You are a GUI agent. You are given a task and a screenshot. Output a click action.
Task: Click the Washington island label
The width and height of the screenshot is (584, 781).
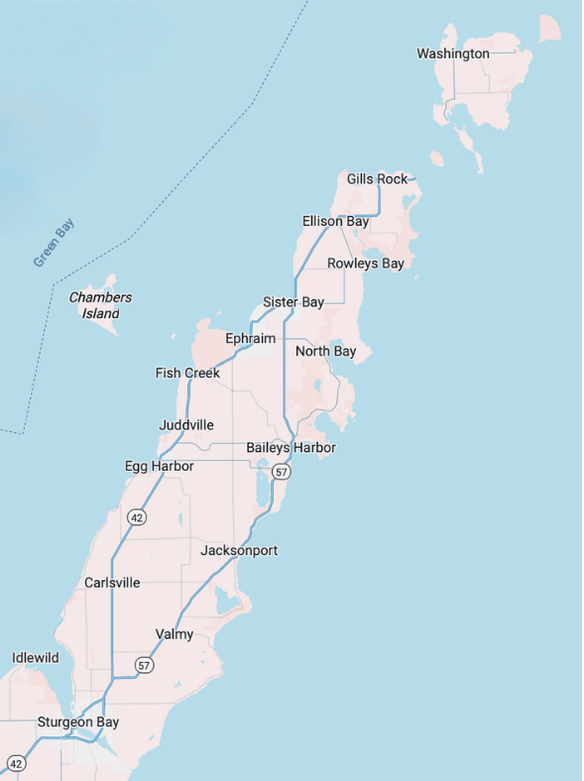tap(452, 54)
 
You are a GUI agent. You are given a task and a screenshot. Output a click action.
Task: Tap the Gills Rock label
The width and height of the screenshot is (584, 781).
tap(377, 179)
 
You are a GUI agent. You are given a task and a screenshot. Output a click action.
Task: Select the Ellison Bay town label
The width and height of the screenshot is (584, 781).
tap(335, 221)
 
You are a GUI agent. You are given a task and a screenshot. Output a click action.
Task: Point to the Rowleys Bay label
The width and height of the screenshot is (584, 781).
tap(366, 264)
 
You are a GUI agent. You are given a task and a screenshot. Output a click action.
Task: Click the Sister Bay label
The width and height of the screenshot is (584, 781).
tap(293, 302)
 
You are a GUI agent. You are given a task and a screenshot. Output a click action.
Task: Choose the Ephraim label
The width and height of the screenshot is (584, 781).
tap(250, 339)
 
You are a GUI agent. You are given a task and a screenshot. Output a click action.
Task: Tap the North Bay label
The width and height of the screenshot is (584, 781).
tap(325, 352)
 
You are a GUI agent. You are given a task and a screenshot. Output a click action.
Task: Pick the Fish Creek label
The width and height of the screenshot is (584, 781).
tap(187, 374)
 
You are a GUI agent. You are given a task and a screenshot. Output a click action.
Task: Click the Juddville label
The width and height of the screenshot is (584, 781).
tap(186, 425)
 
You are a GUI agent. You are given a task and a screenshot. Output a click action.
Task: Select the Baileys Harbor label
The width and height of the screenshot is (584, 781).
tap(291, 448)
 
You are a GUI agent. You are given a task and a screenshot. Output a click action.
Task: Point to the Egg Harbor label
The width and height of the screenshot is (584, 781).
tap(159, 466)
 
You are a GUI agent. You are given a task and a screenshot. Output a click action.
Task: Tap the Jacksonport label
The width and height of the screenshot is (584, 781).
tap(239, 550)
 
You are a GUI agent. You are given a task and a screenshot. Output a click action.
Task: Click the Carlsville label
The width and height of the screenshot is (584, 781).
tap(112, 583)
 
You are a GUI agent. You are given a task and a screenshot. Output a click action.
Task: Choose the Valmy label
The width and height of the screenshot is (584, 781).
tap(175, 634)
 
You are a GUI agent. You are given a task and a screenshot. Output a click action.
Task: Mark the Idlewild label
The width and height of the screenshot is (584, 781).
tap(36, 658)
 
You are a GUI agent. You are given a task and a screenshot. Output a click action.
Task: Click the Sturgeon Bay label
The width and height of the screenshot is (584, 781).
tap(77, 723)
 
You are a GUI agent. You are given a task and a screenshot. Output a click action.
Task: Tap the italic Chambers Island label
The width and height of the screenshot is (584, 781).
tap(100, 305)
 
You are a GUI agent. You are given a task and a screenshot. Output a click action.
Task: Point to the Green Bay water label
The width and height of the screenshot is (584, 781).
tap(54, 243)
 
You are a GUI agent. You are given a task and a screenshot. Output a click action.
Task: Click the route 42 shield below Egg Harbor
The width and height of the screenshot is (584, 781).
tap(137, 516)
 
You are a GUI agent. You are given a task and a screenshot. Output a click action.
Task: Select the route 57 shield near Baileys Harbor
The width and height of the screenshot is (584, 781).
tap(282, 473)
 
